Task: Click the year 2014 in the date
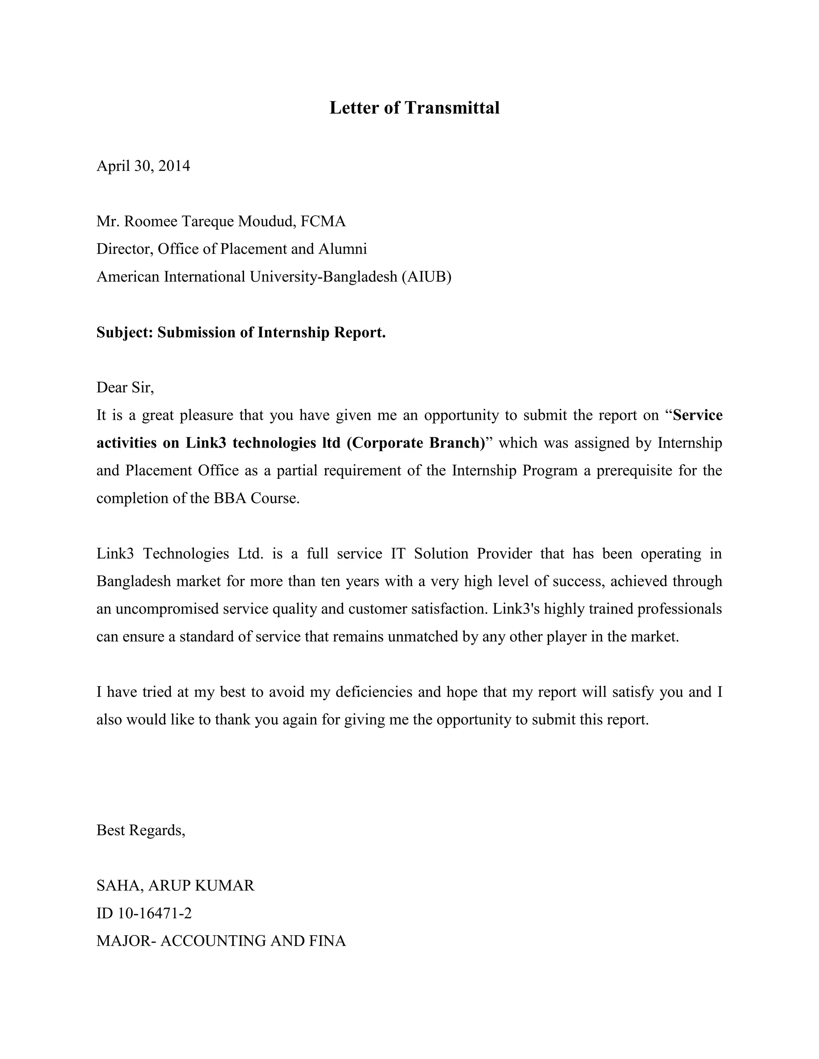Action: point(174,166)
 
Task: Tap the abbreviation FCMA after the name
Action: point(323,222)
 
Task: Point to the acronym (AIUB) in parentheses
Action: point(426,277)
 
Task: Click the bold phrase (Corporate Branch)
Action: point(416,443)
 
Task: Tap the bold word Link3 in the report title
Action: point(206,443)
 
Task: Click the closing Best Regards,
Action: point(141,831)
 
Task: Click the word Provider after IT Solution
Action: point(504,554)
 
